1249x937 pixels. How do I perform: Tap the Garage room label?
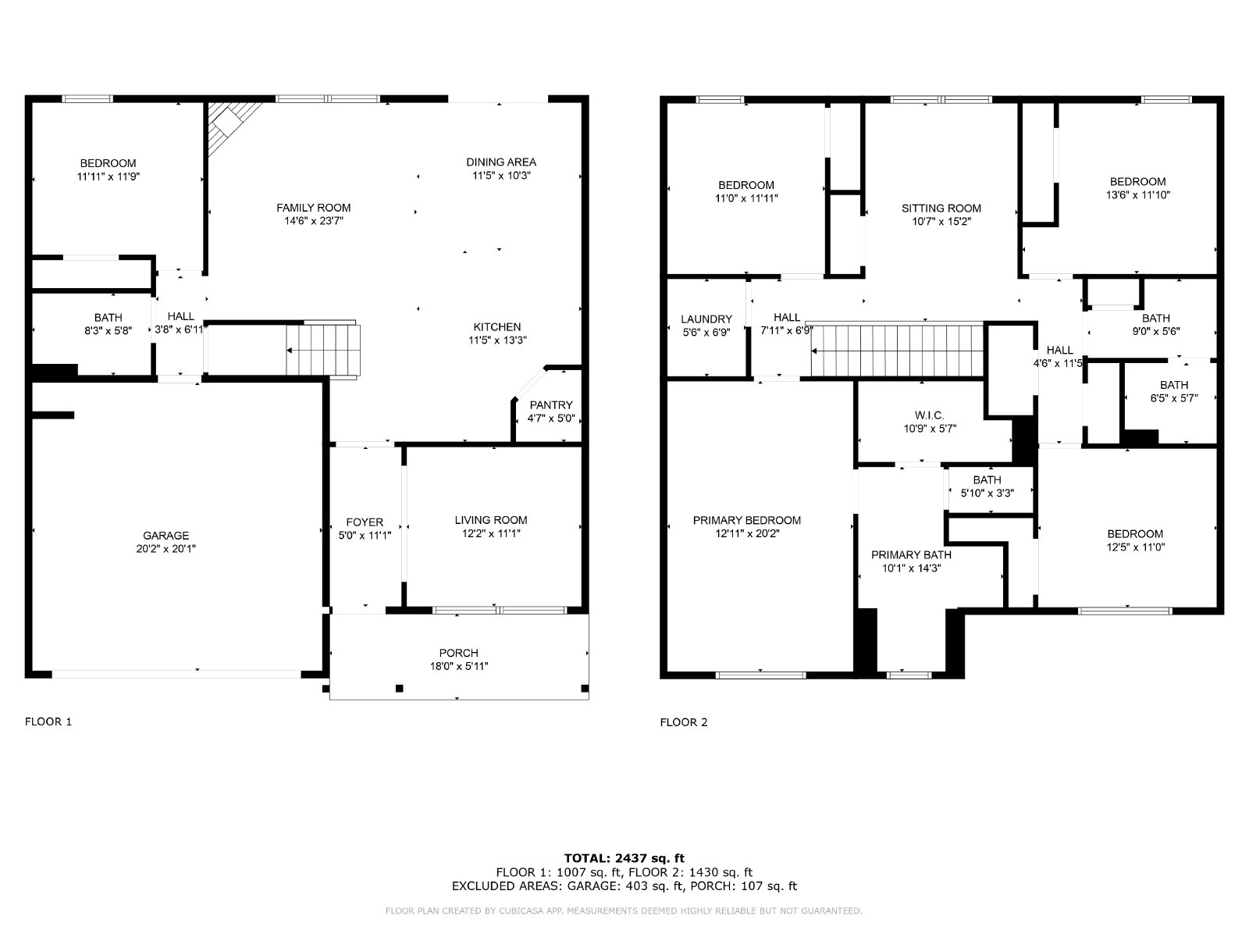click(165, 536)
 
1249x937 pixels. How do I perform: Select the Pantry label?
click(551, 405)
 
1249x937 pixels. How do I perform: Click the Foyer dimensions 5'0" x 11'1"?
click(365, 536)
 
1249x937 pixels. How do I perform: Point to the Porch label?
click(459, 653)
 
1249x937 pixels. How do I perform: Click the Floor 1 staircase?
click(323, 350)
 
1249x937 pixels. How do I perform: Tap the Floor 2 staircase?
click(898, 351)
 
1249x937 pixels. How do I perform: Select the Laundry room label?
click(706, 319)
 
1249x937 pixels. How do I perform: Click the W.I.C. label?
click(930, 416)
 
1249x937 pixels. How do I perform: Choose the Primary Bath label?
click(911, 554)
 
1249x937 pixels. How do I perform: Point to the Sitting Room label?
click(941, 208)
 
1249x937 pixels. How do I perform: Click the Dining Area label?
click(501, 162)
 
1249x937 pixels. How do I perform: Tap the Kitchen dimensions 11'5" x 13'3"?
click(497, 340)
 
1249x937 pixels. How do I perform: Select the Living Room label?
click(490, 520)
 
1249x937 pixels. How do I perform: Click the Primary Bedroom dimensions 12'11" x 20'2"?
click(747, 533)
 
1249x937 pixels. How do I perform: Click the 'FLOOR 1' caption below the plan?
click(48, 722)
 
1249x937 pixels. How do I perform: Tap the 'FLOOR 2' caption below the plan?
click(683, 722)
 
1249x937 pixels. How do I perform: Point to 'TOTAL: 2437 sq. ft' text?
click(624, 858)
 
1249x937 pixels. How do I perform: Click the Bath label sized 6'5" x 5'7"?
click(1174, 385)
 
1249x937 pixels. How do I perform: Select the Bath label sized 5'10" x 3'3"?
click(987, 480)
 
